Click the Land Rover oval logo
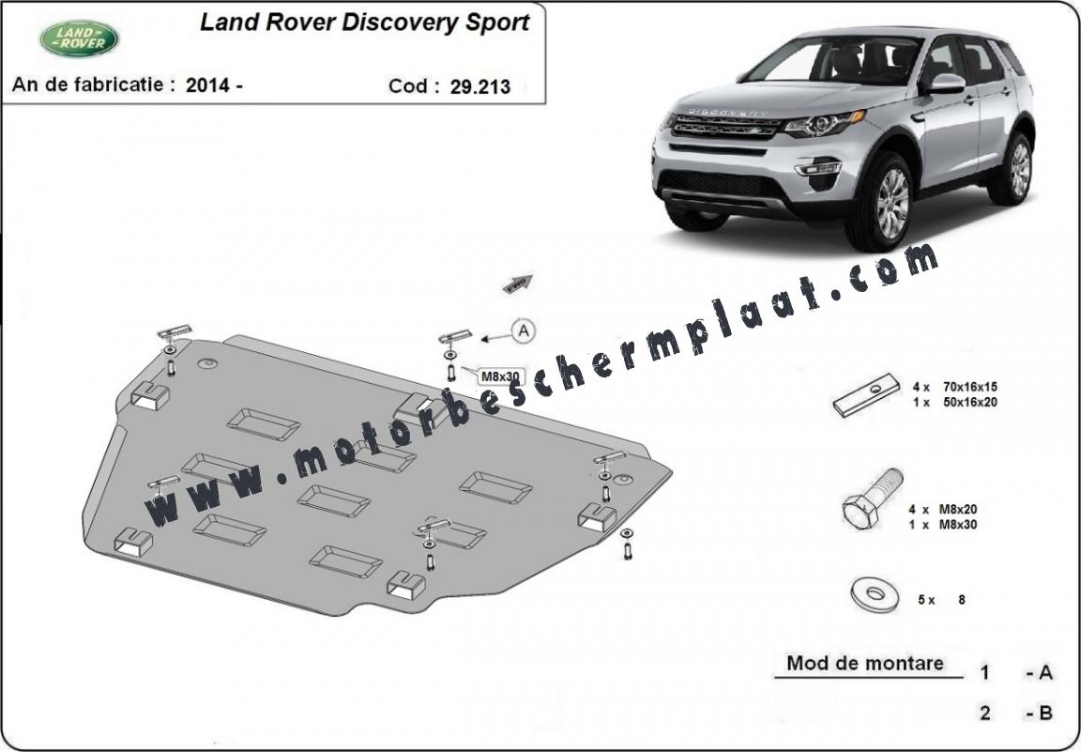[79, 38]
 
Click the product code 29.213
[480, 86]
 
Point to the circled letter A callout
[524, 331]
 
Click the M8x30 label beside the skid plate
[500, 376]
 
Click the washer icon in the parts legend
[875, 593]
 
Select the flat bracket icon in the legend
[867, 394]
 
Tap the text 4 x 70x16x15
[955, 387]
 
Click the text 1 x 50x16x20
[955, 402]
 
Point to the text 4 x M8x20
[942, 509]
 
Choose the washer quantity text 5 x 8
[941, 600]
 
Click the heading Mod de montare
[865, 664]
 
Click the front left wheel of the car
[882, 203]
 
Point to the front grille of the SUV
[725, 126]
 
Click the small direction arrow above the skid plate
[518, 283]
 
